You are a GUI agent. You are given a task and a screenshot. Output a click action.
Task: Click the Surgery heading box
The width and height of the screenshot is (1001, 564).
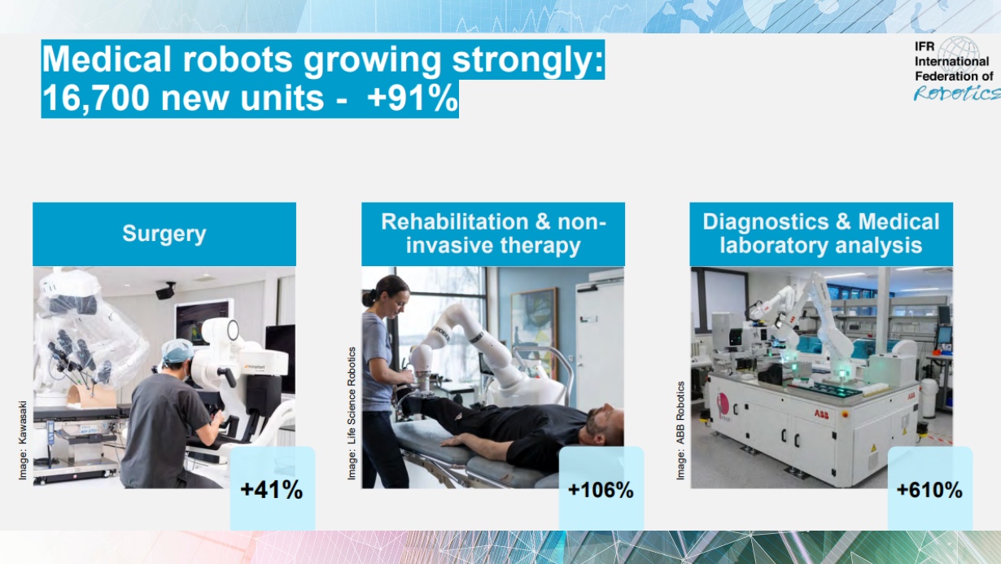click(164, 234)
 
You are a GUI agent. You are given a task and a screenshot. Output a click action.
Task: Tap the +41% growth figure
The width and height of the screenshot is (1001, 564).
click(272, 490)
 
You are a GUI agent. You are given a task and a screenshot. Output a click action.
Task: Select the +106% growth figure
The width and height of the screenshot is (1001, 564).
click(601, 490)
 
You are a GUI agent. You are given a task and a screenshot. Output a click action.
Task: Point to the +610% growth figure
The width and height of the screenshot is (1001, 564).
click(929, 490)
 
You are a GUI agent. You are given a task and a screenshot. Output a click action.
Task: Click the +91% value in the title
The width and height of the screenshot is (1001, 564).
click(413, 98)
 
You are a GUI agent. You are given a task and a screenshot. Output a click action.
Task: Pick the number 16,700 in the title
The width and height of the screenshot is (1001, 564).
click(96, 98)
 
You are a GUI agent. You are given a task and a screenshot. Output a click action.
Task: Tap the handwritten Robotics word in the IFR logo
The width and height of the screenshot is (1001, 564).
click(957, 93)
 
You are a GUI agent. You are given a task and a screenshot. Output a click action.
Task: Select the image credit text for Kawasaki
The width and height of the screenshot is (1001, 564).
click(22, 440)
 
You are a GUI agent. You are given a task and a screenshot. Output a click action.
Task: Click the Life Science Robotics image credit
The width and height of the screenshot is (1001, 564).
click(352, 413)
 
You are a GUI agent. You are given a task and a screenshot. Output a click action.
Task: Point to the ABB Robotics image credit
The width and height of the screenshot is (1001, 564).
click(680, 431)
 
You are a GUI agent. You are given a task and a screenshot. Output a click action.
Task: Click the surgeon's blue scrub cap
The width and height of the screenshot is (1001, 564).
click(177, 351)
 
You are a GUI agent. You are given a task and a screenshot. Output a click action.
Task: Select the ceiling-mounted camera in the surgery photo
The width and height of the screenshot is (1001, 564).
click(166, 291)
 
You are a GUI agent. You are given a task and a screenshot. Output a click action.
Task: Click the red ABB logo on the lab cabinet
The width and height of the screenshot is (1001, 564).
click(821, 414)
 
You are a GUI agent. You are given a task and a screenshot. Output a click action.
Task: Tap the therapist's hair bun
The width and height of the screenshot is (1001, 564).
click(369, 299)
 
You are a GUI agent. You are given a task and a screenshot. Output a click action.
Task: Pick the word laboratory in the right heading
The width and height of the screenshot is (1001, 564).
click(772, 246)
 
